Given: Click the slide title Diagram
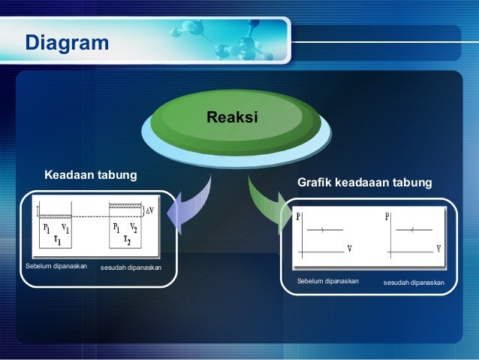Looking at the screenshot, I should (x=68, y=44).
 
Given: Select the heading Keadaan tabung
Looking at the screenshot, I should (x=91, y=175).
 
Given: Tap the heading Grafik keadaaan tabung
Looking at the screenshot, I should (x=365, y=183).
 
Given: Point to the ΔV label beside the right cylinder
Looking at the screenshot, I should (x=150, y=210).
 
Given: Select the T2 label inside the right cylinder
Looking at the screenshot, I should (x=126, y=241).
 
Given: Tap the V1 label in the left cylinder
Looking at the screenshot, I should (x=65, y=229).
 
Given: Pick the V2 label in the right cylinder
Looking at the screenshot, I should (x=133, y=228).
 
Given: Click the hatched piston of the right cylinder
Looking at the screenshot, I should (x=125, y=206).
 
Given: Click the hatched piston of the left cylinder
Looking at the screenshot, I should (x=55, y=217).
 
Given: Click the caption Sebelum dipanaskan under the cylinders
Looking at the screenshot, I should (x=56, y=267).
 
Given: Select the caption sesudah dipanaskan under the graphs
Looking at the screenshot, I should (x=414, y=283).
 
